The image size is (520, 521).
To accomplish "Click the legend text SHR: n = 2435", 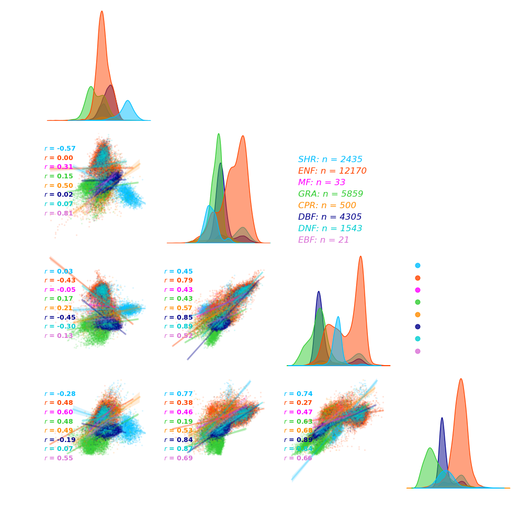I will tap(330, 159).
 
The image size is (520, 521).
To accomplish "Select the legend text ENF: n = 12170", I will tap(332, 171).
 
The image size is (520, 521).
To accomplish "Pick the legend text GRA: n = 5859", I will tap(330, 194).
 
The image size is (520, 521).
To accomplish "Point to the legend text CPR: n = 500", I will tap(327, 205).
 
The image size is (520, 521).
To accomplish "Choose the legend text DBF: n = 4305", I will tap(330, 217).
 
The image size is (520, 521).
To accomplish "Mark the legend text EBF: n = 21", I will tap(323, 240).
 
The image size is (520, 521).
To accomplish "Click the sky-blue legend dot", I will tap(417, 266).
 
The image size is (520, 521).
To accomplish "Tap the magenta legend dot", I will tap(417, 290).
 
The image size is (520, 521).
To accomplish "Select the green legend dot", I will tap(417, 302).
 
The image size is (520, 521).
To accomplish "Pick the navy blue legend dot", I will tap(417, 326).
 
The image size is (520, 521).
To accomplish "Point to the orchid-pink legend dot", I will tap(417, 351).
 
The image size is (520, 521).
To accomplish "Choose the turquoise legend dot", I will tap(417, 339).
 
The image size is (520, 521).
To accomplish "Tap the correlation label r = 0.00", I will tap(59, 157).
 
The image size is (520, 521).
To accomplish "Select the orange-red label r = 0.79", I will tap(178, 280).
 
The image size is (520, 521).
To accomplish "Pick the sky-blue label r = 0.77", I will tap(178, 393).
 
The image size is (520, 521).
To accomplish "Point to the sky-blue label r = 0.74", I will tap(298, 393).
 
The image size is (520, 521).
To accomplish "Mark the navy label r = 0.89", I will tap(298, 439).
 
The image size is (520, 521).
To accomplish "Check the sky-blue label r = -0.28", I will tap(60, 393).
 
